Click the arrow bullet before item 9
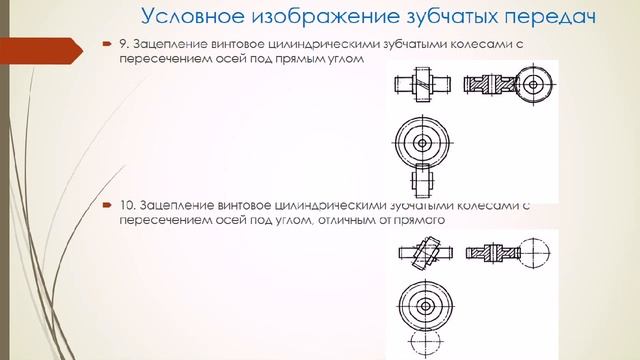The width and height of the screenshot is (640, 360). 105,44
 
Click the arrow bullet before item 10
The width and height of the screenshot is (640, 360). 105,204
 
